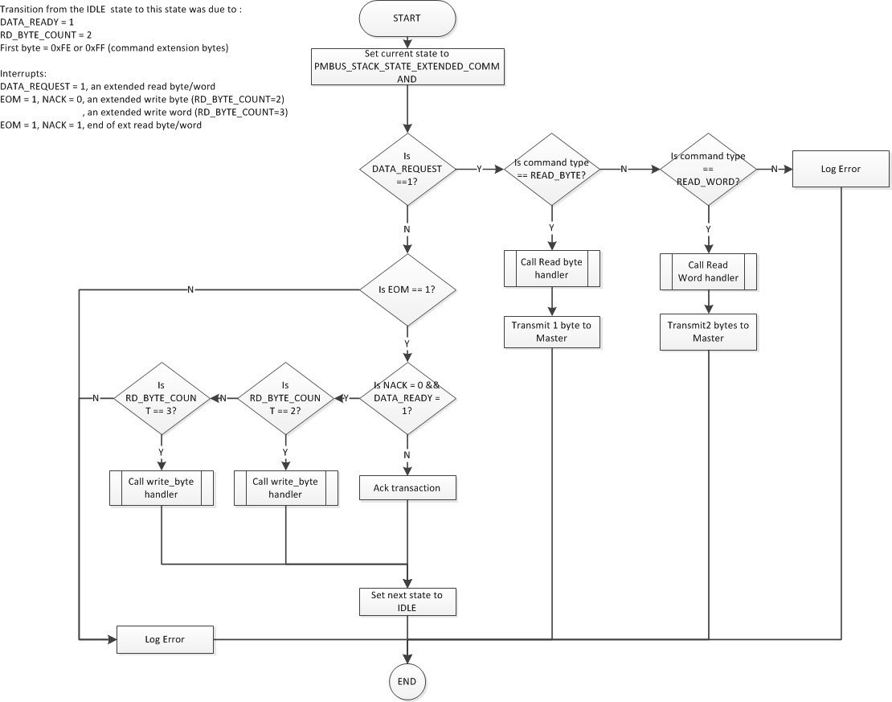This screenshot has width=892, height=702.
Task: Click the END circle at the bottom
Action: (407, 681)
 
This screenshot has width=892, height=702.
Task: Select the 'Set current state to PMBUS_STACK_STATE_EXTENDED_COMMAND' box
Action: (407, 67)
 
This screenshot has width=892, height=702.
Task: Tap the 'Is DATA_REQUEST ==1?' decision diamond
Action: (407, 170)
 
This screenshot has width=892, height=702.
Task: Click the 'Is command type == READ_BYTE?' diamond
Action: (552, 170)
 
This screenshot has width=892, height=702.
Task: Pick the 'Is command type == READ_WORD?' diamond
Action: (708, 170)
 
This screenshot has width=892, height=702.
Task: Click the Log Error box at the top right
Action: (841, 170)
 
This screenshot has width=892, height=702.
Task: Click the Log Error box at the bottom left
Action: (165, 640)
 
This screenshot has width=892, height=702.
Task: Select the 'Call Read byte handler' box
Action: (552, 269)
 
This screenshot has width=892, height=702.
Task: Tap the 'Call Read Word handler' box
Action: (708, 272)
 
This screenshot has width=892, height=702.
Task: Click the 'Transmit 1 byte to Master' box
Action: (552, 332)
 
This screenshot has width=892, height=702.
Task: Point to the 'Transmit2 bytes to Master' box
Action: (708, 332)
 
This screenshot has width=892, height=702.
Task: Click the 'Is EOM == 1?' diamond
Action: (407, 289)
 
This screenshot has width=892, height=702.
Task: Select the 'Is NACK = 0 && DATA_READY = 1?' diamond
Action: (407, 398)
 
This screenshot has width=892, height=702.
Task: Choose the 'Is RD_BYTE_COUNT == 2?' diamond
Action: (285, 398)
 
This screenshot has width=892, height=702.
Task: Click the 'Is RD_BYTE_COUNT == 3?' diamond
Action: (162, 398)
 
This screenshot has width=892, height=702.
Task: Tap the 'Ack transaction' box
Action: (407, 488)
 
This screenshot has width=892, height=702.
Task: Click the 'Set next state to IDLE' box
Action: (407, 602)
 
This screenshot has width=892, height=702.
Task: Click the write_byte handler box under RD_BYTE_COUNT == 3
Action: (162, 488)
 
